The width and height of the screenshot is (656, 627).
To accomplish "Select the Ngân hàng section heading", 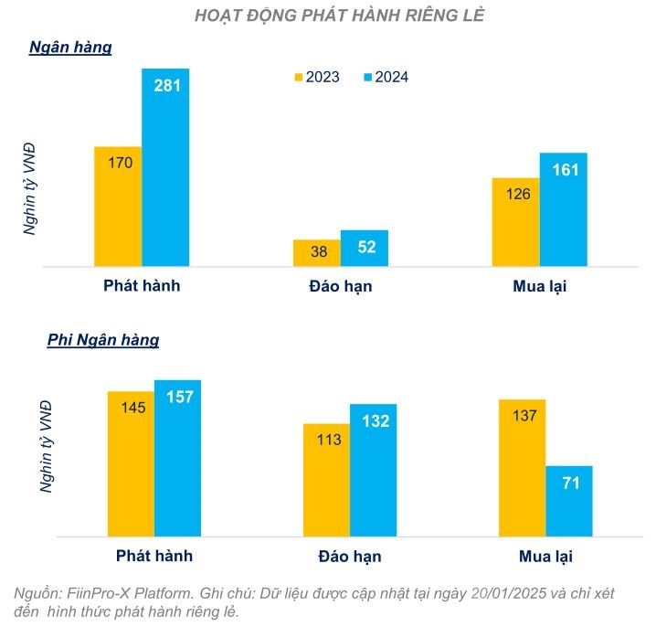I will coord(70,48).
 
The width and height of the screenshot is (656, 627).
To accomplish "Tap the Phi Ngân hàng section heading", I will coord(103,340).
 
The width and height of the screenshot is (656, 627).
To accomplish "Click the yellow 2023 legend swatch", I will coord(298,77).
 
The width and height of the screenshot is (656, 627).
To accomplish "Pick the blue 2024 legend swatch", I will coord(367,77).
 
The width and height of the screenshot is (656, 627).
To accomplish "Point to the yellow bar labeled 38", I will coord(316,254).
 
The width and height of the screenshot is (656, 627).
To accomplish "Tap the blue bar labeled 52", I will coord(365,250).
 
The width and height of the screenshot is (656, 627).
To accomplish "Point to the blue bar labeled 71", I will coord(569,503).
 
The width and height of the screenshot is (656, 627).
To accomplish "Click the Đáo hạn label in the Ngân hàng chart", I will coord(340,286).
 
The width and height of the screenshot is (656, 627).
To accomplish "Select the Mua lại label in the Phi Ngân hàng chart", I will coord(545,556).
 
